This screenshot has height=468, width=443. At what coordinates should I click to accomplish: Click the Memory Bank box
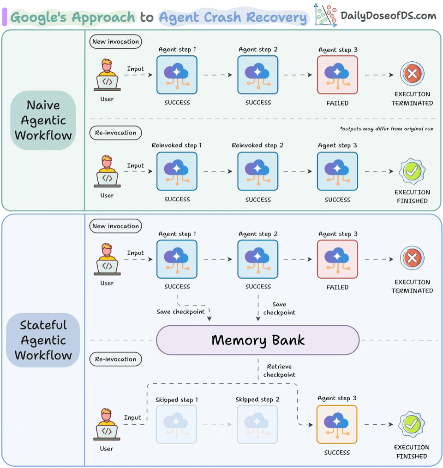257,340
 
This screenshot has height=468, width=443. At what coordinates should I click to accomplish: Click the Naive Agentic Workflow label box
43,120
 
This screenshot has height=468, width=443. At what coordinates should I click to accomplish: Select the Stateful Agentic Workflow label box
43,340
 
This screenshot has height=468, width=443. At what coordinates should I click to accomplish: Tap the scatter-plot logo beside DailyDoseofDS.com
325,15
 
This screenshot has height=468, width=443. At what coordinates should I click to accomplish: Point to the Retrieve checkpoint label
279,370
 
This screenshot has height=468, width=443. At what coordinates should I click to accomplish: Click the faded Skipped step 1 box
176,424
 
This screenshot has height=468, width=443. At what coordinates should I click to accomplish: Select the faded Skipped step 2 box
257,424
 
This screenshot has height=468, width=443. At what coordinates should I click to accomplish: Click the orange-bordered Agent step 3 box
337,424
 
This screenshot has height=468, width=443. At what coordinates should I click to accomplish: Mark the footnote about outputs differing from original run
387,129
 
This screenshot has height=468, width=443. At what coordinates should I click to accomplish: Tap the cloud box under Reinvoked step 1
177,171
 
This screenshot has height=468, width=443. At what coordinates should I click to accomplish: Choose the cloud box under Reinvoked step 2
257,171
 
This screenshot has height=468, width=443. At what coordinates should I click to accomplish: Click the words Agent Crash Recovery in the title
233,18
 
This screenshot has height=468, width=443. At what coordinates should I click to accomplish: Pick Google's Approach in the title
73,18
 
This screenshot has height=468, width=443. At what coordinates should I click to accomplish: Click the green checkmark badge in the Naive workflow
412,171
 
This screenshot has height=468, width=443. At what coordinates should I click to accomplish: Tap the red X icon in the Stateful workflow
412,258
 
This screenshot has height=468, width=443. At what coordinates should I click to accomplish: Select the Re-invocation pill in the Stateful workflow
115,359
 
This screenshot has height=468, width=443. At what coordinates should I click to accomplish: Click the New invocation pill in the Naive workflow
115,41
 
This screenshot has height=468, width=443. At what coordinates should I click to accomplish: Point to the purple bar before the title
5,17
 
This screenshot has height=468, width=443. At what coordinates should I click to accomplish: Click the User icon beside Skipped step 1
107,424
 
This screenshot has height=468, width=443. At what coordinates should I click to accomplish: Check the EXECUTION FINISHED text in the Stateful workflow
412,451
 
